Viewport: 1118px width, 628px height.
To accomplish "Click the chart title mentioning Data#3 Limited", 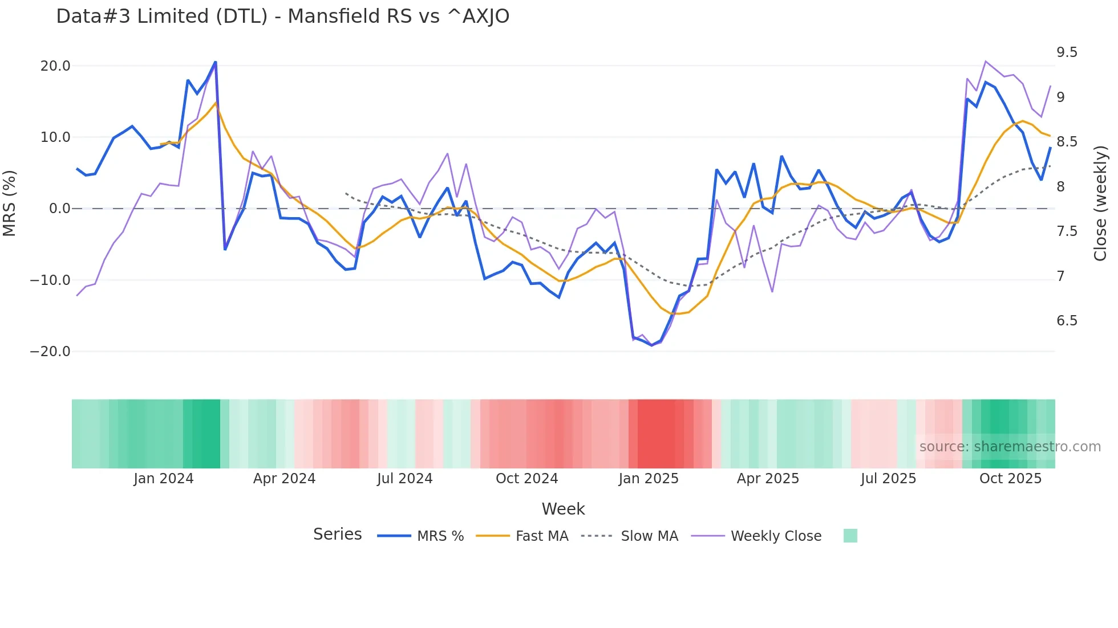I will click(x=282, y=17).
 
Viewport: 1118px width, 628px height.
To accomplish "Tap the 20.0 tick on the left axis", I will click(x=55, y=66).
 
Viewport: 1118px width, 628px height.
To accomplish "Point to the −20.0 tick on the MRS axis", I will click(x=50, y=352).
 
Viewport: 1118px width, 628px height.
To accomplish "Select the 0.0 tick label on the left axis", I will click(x=59, y=209).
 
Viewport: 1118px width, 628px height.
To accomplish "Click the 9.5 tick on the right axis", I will click(x=1067, y=52).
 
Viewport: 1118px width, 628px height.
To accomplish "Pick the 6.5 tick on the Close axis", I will click(x=1067, y=321).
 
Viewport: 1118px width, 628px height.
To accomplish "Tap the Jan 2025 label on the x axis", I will click(x=649, y=479).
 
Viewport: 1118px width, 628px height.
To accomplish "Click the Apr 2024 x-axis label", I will click(x=284, y=479).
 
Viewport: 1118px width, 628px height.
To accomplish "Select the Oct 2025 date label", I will click(x=1010, y=479).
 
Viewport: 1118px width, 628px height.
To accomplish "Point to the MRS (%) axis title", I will click(x=9, y=203).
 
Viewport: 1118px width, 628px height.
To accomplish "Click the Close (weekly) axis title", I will click(x=1100, y=203).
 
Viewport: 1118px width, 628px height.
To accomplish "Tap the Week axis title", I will click(x=563, y=509).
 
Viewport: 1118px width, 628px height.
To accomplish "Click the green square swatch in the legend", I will click(x=850, y=536).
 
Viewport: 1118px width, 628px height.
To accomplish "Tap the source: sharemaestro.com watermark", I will click(x=1010, y=447).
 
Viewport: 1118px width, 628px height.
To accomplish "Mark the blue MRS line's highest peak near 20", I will click(x=215, y=62).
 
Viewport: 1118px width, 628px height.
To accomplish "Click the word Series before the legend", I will click(x=337, y=535).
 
